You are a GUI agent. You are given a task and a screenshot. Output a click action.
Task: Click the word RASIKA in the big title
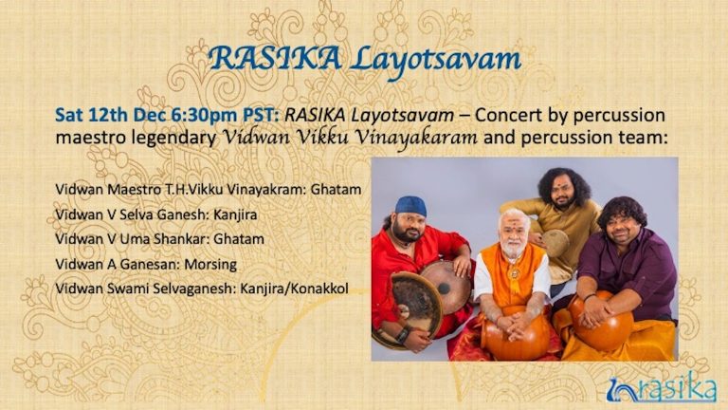(x=276, y=60)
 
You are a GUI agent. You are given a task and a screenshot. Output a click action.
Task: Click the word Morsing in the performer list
(x=210, y=265)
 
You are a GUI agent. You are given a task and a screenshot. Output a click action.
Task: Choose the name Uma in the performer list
(x=134, y=239)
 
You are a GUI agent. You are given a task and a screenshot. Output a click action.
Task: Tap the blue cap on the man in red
(x=410, y=206)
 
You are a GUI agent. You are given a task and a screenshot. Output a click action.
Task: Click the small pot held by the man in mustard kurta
(x=555, y=242)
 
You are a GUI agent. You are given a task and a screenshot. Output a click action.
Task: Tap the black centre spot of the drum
(x=445, y=288)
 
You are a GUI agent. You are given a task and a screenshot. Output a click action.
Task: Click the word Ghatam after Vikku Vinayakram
(x=336, y=190)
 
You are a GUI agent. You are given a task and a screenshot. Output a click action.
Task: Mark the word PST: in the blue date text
(x=262, y=115)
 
